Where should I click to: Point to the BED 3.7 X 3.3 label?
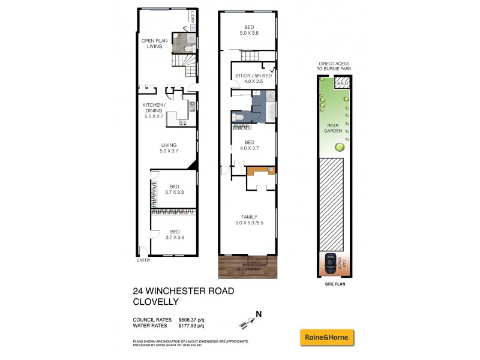pos(175,189)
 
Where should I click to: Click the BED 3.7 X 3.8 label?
pos(175,234)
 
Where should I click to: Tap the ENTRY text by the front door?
pos(143,260)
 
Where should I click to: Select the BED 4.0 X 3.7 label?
pos(248,145)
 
